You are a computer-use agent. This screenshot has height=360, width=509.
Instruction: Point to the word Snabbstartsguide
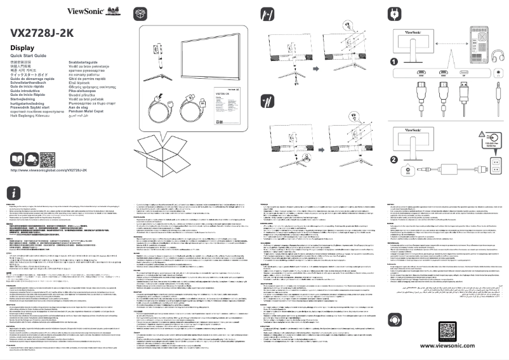85,63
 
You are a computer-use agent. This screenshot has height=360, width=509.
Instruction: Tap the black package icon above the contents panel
141,13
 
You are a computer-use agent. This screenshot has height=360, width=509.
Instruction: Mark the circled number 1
394,62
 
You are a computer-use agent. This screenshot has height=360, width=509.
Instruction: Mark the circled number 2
394,159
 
